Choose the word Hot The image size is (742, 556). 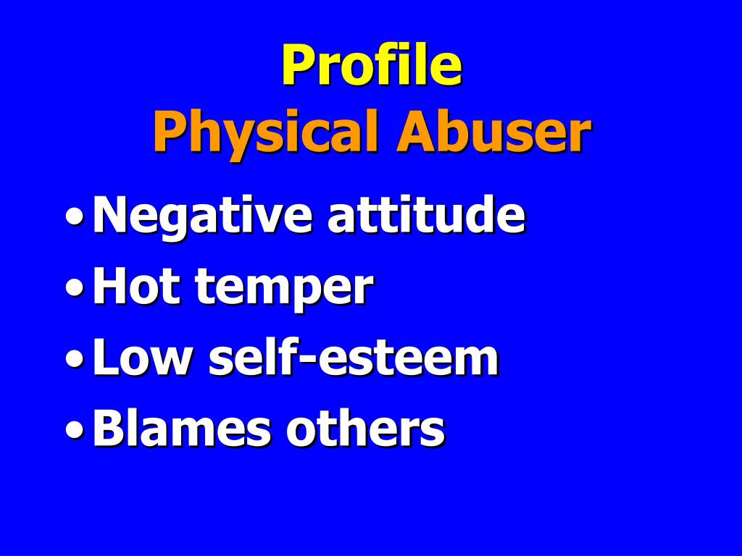point(136,287)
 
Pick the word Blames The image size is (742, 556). point(182,428)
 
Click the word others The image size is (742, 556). point(365,428)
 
